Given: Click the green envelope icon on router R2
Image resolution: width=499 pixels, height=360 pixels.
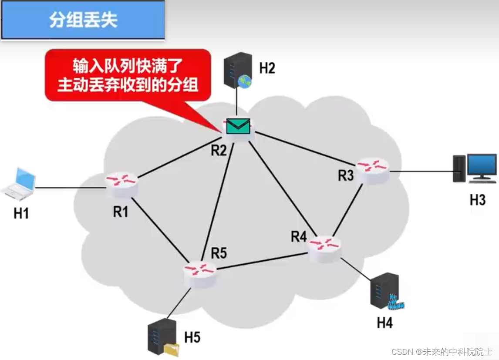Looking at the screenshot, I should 238,126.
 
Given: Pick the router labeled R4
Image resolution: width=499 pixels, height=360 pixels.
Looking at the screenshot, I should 325,247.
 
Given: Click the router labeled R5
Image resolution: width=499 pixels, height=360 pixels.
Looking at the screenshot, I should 200,272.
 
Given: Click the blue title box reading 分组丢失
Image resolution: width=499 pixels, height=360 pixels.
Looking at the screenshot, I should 83,20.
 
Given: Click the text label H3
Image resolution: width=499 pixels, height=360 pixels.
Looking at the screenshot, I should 478,200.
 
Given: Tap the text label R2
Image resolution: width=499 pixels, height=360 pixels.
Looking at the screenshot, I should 219,150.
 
